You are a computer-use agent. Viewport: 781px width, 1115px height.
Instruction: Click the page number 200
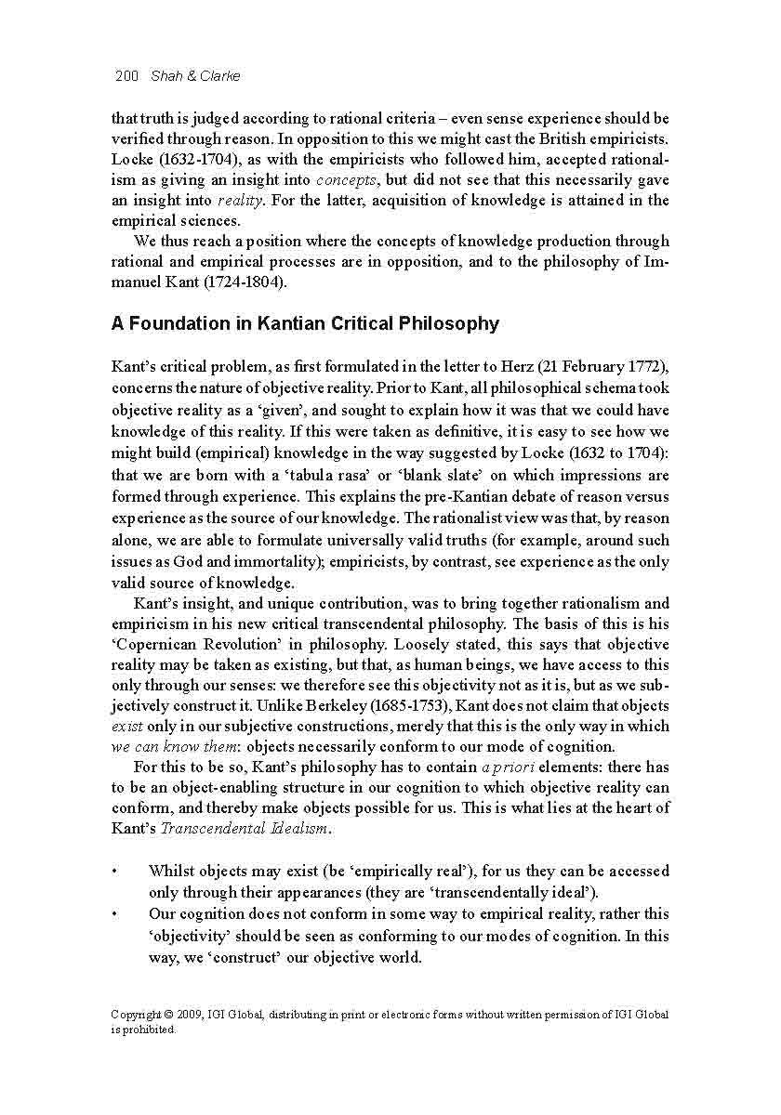126,76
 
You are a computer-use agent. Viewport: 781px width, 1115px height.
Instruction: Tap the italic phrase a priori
508,767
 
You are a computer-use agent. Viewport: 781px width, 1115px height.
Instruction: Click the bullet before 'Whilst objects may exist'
114,872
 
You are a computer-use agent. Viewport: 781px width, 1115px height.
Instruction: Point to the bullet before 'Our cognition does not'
114,913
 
